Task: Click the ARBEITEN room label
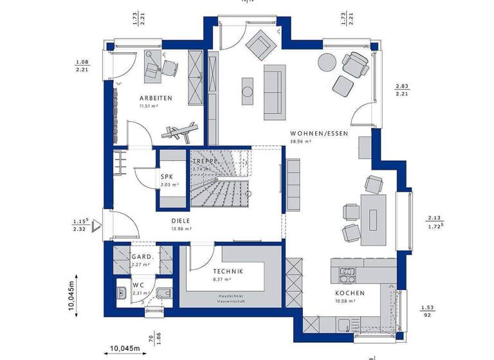click(x=155, y=98)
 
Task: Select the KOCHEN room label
click(x=350, y=293)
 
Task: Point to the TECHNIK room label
click(x=228, y=272)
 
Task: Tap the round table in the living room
click(x=326, y=63)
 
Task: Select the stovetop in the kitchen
click(x=347, y=274)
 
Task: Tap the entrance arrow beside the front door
click(x=96, y=224)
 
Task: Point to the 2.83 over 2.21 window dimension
click(x=402, y=89)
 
